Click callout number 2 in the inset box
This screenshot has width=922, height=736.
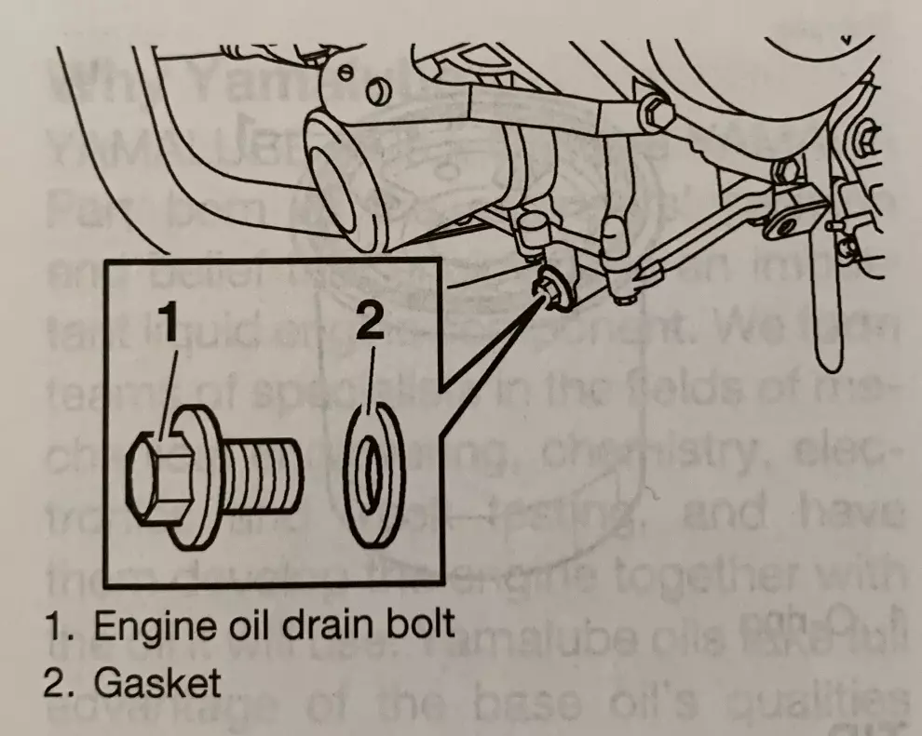[x=369, y=325]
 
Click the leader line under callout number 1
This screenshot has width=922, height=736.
[x=167, y=391]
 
